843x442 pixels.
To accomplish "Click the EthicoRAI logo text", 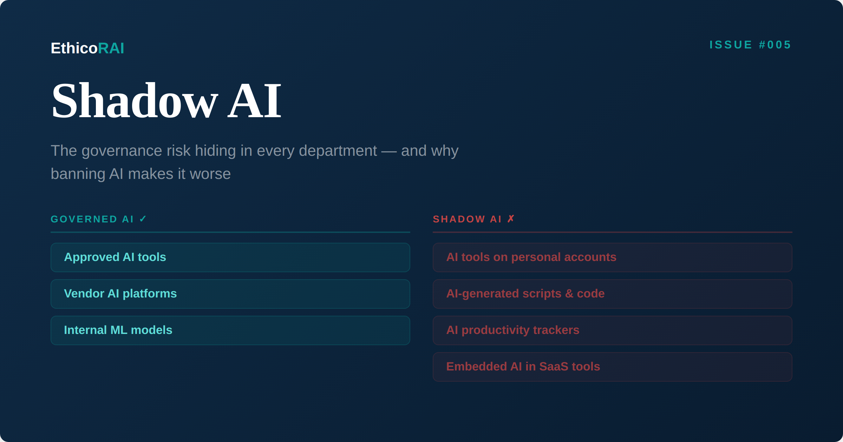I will (87, 48).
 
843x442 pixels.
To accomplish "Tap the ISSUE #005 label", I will (750, 45).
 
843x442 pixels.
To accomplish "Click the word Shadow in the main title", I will (135, 101).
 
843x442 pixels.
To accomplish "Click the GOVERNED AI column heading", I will (92, 219).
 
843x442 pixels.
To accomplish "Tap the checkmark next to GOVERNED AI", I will (143, 219).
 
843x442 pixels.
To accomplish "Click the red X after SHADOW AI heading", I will (511, 219).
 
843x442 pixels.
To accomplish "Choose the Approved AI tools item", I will (115, 257).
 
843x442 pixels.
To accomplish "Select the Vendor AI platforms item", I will (120, 294).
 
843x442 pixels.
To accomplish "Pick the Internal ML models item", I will (118, 330).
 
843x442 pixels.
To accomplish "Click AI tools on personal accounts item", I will (531, 257).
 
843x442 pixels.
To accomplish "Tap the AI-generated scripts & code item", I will (525, 294).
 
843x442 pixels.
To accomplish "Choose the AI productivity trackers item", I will (512, 330).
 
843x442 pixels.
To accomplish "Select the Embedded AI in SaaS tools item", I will (523, 367).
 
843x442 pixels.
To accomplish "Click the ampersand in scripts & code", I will (569, 294).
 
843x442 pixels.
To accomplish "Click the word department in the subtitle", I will (338, 151).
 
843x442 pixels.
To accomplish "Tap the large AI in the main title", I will (254, 101).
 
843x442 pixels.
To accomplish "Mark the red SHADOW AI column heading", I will (467, 219).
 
